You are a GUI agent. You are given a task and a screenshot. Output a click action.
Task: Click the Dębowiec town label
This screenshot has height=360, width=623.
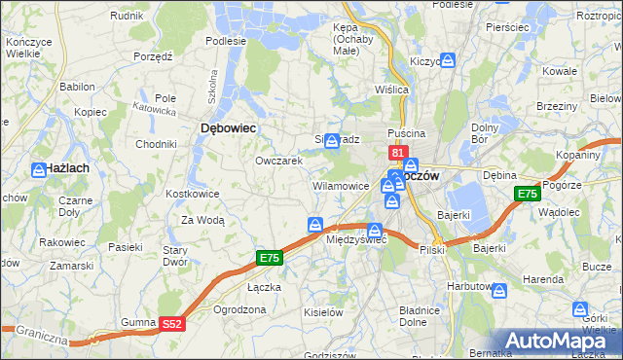[x=228, y=127]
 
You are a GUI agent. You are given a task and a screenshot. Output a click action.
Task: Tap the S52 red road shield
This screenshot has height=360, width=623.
[x=171, y=323]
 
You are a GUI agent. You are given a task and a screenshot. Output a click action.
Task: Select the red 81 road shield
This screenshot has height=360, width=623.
[x=397, y=153]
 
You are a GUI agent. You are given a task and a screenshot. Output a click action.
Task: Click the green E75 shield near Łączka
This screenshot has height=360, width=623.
[x=270, y=258]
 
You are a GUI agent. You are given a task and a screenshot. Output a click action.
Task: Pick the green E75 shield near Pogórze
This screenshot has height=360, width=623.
[x=527, y=195]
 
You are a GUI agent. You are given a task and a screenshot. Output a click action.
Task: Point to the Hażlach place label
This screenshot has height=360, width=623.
[x=67, y=168]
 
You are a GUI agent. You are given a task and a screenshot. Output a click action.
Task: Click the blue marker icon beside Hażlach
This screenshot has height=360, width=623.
[x=37, y=169]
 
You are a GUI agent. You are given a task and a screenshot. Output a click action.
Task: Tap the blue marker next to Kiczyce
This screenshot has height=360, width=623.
[x=447, y=60]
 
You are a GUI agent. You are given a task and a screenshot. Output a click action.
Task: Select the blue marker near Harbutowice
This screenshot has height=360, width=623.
[x=499, y=290]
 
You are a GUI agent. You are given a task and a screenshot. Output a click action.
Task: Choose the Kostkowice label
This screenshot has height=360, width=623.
[x=193, y=195]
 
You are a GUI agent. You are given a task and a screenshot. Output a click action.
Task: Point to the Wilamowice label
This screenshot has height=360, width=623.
[x=340, y=185]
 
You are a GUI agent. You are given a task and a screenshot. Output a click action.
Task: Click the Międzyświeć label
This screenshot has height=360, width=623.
[x=356, y=239]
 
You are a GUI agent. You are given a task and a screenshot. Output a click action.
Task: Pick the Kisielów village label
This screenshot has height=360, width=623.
[x=323, y=312]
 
